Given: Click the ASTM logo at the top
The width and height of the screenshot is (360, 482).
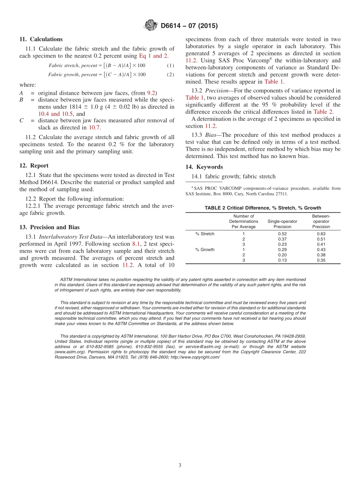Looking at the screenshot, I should [x=150, y=26].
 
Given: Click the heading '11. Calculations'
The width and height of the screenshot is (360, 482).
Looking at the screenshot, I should [x=41, y=39].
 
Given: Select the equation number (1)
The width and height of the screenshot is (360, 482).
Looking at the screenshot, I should [x=171, y=66].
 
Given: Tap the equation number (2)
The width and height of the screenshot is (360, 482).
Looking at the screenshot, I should [x=171, y=75].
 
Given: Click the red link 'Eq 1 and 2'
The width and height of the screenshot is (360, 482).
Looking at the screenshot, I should [x=153, y=56].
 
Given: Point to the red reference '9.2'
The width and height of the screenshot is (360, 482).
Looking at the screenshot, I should [x=151, y=93].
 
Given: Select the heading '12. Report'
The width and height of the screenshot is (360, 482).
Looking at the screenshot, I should [x=34, y=166].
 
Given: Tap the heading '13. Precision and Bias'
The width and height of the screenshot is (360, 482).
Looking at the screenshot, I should [x=49, y=227].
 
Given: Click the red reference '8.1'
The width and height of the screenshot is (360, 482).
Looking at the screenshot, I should [x=136, y=244].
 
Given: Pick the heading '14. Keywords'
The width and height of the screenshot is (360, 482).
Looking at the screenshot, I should [x=204, y=167].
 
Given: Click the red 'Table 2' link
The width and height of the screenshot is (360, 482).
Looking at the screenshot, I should [x=323, y=112].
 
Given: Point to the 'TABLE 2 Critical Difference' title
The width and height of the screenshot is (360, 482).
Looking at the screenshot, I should [x=263, y=208].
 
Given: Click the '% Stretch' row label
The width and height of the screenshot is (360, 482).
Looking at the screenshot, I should [x=205, y=234].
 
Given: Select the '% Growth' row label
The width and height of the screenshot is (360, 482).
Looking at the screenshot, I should [x=205, y=250].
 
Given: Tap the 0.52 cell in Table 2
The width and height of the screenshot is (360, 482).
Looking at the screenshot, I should [x=282, y=234].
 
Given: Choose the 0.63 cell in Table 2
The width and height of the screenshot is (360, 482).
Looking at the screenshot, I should [x=321, y=234].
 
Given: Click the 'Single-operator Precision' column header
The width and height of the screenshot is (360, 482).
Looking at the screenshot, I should [x=282, y=224].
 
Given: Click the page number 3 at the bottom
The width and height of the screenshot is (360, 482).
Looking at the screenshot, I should [x=180, y=465].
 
